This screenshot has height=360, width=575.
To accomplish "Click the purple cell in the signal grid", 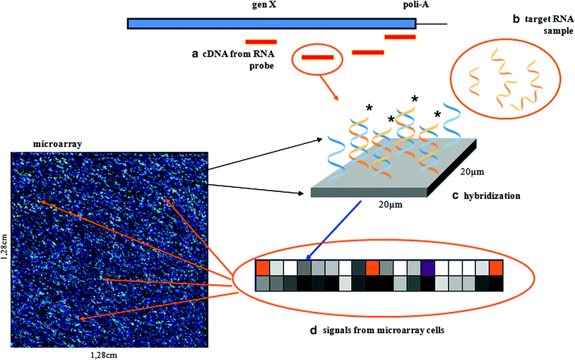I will click(x=427, y=268).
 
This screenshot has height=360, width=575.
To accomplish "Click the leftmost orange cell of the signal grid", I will click(x=262, y=268).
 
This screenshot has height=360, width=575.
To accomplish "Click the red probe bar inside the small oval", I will click(x=317, y=57).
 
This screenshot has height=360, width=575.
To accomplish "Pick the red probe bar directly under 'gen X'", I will click(x=261, y=42).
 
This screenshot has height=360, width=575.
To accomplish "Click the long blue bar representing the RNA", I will click(x=271, y=23).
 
